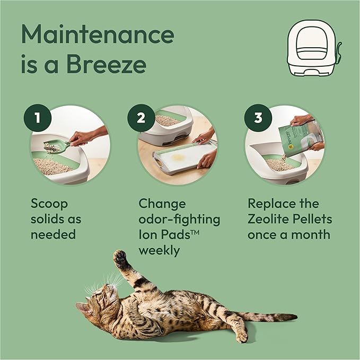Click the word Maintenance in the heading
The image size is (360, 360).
click(98, 34)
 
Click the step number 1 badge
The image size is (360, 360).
click(36, 118)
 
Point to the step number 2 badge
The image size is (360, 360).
click(141, 118)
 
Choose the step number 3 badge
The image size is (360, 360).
click(258, 118)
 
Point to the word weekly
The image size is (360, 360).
click(158, 249)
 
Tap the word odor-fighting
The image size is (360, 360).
click(179, 219)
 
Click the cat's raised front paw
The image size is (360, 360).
click(121, 259)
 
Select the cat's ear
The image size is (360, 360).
click(82, 307)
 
